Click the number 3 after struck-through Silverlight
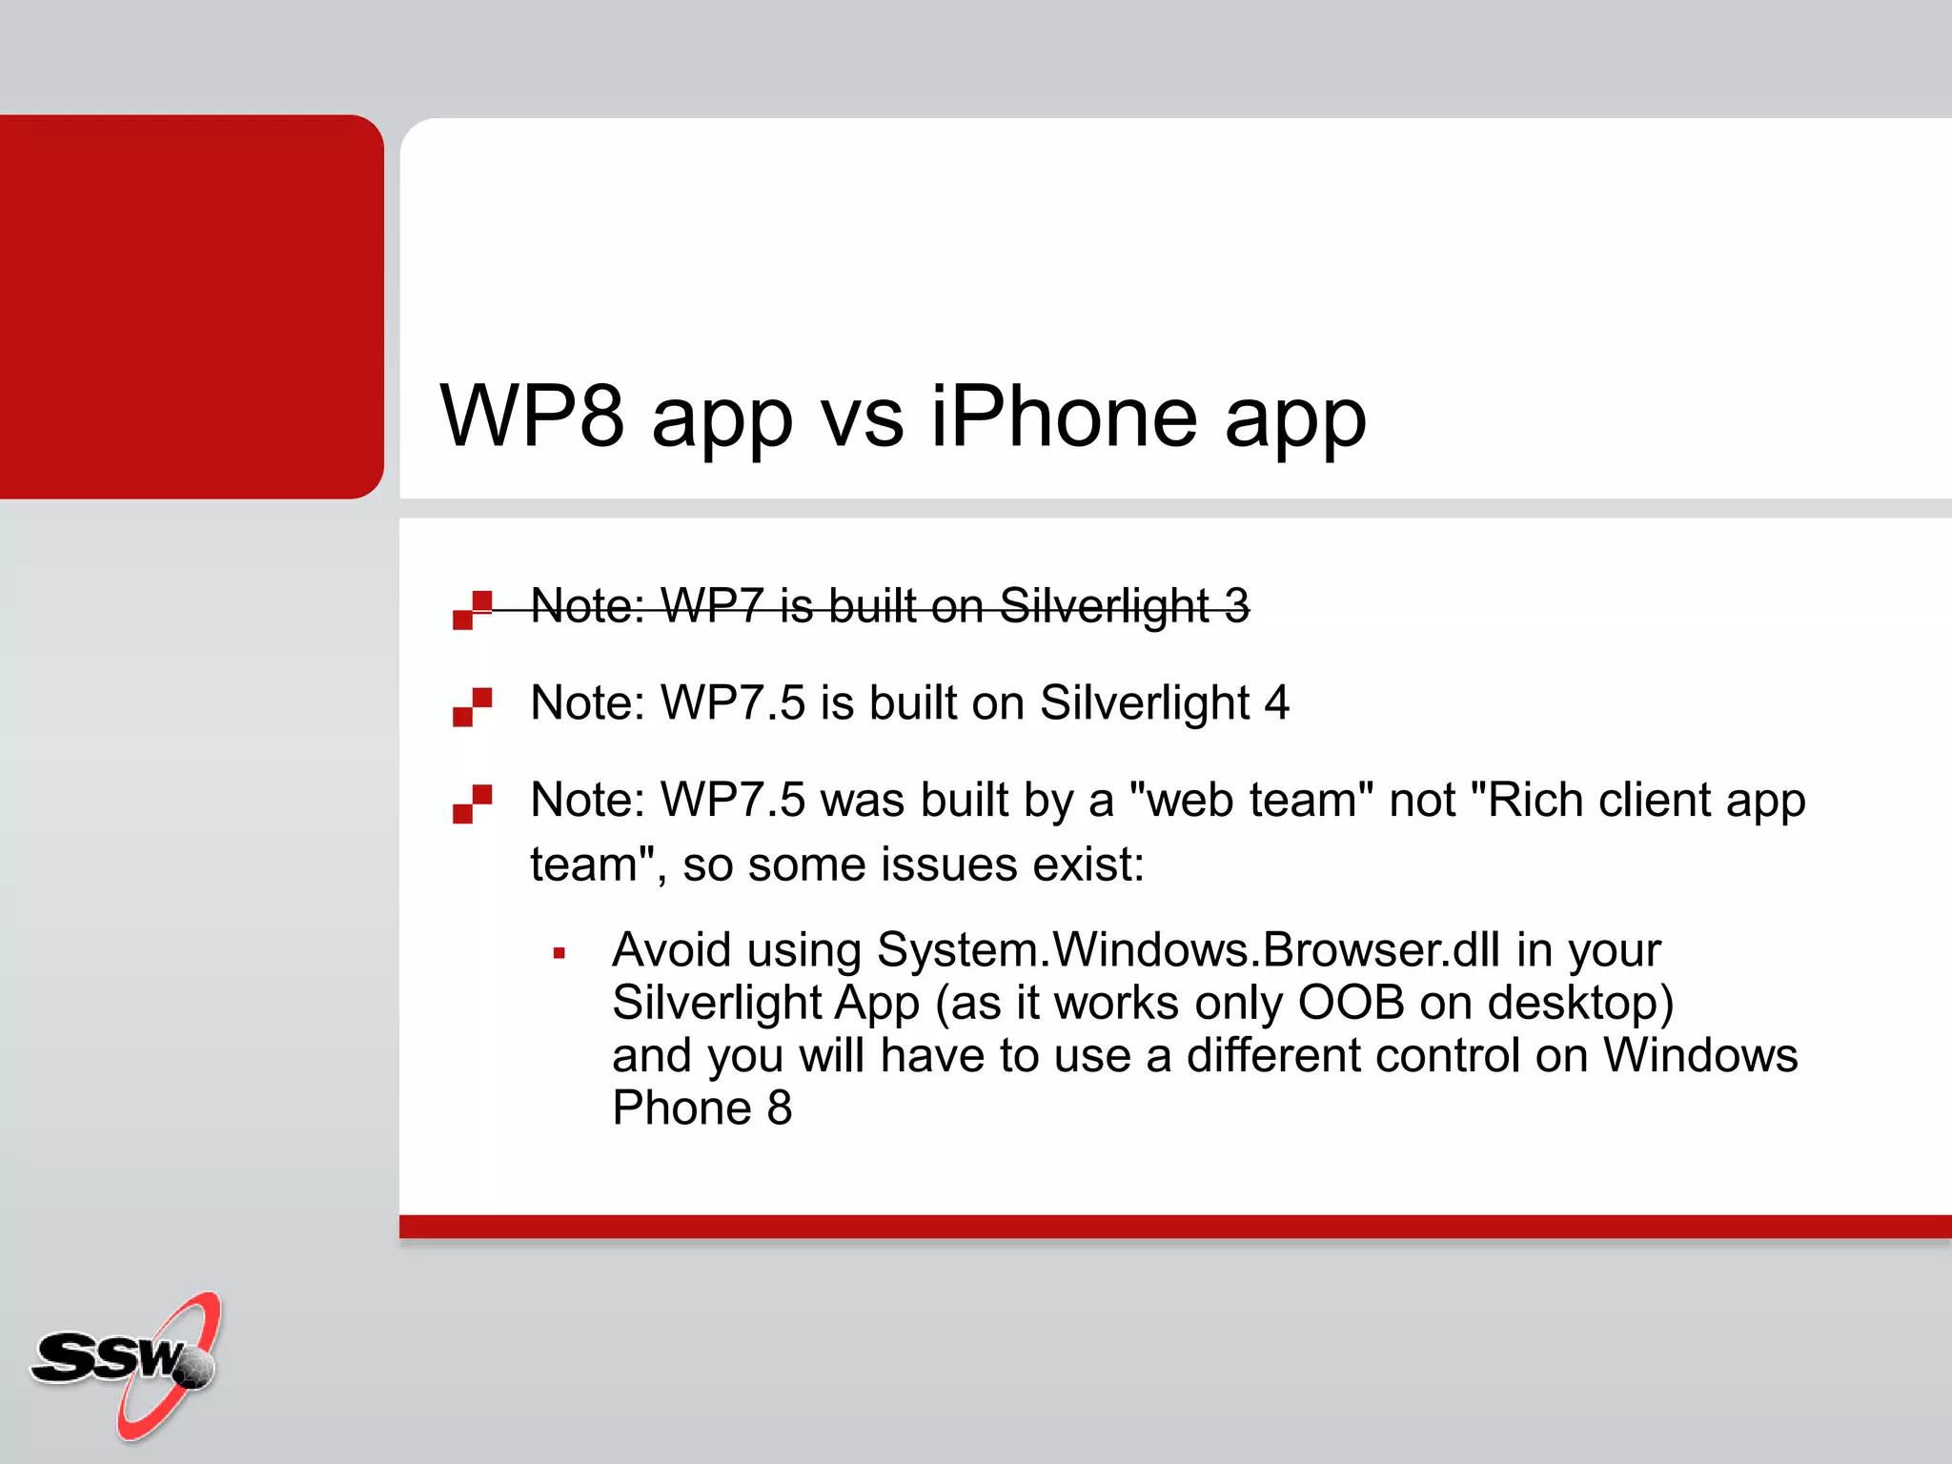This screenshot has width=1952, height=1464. point(1236,606)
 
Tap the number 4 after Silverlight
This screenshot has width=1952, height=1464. point(1276,703)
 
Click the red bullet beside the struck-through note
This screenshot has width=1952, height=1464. point(473,610)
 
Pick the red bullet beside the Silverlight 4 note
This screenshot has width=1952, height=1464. point(473,707)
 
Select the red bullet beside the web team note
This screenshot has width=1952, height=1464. point(473,803)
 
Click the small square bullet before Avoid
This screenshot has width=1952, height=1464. point(559,952)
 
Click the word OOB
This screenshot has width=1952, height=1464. point(1351,1003)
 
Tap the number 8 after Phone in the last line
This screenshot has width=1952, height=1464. point(780,1108)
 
